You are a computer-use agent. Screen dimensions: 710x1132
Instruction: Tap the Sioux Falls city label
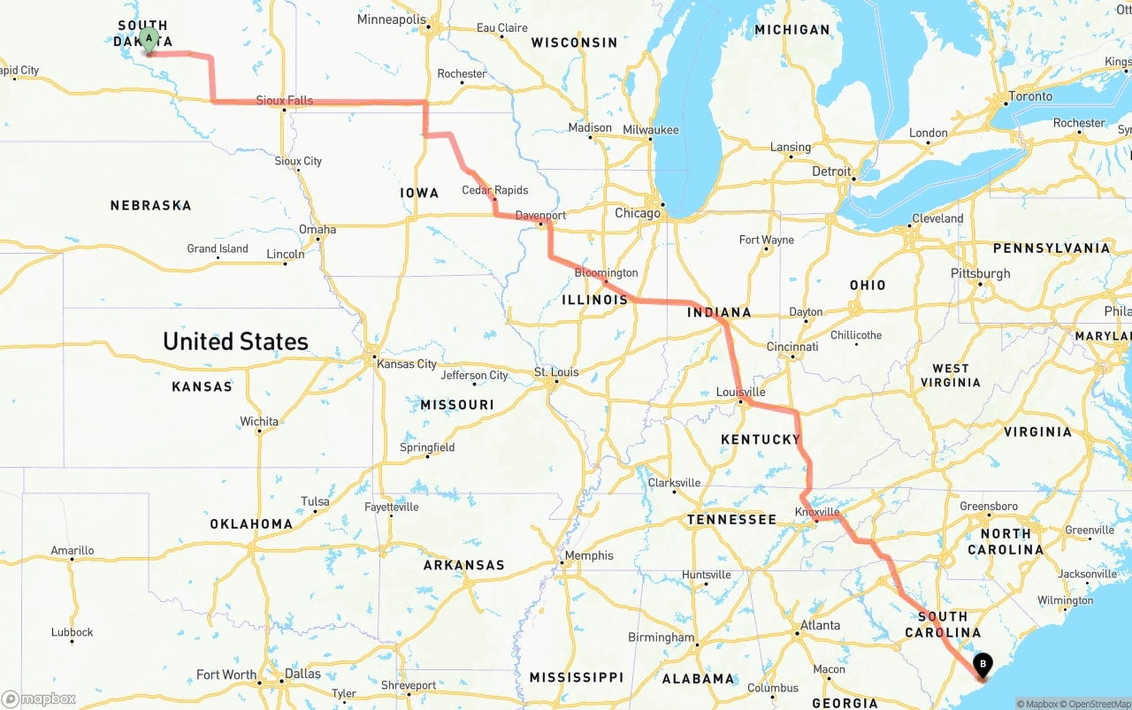(284, 101)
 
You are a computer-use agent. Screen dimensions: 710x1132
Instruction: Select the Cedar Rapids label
(494, 190)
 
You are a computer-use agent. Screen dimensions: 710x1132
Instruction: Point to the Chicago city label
(638, 213)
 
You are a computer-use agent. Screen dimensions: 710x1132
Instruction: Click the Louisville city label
(740, 392)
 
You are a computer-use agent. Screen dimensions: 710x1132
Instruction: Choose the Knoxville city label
(817, 512)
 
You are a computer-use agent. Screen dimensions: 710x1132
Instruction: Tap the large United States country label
(235, 341)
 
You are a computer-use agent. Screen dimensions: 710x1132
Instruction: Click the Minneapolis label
(391, 19)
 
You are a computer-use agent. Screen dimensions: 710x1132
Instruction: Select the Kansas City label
(407, 364)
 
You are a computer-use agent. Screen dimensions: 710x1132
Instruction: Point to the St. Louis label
(556, 372)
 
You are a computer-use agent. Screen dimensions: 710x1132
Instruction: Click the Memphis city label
(589, 555)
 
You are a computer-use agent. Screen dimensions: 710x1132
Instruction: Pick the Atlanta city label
(820, 625)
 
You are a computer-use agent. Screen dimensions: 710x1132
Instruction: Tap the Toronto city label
(1030, 96)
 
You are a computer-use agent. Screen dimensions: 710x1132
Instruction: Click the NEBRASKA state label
(150, 205)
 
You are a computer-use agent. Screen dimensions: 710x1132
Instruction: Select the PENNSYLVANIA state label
(1052, 248)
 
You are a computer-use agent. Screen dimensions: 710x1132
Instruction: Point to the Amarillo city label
(72, 551)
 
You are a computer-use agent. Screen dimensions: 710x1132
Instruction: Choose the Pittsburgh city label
(980, 273)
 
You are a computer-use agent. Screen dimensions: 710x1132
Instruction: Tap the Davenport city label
(540, 215)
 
